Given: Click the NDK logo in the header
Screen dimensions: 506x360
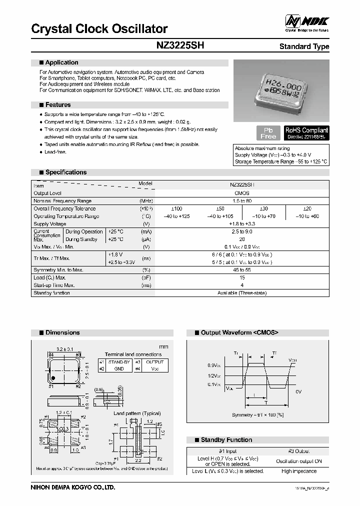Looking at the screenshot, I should click(306, 21).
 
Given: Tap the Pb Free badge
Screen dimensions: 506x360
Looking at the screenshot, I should click(268, 132).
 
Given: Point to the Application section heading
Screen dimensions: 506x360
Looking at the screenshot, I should click(61, 62).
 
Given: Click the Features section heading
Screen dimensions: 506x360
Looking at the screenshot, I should click(58, 105).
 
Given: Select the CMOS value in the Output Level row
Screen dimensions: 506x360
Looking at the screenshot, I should click(242, 193).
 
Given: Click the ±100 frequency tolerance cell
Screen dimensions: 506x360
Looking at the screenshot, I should click(177, 208).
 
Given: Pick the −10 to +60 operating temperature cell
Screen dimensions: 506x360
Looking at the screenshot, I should click(307, 216).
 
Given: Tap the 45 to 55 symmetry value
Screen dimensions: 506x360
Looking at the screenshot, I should click(242, 270).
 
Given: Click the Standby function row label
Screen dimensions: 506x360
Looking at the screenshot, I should click(51, 293).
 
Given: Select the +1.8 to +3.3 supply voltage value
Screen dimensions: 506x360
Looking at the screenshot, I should click(242, 224).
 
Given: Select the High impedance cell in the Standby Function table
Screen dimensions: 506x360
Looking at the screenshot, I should click(298, 471).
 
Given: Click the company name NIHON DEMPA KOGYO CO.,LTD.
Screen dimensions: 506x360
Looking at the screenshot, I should click(73, 487).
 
